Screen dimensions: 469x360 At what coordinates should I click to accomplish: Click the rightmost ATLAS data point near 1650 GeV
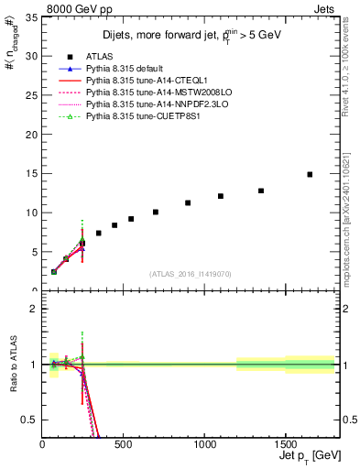pos(310,174)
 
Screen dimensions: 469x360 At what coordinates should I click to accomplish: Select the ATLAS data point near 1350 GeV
pos(261,191)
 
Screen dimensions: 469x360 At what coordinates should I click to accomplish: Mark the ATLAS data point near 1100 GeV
pos(221,196)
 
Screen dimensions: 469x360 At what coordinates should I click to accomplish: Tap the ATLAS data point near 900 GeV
pos(188,202)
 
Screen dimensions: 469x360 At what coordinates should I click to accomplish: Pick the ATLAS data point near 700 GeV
pos(156,212)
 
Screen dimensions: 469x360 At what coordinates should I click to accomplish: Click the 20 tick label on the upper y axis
pos(31,135)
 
